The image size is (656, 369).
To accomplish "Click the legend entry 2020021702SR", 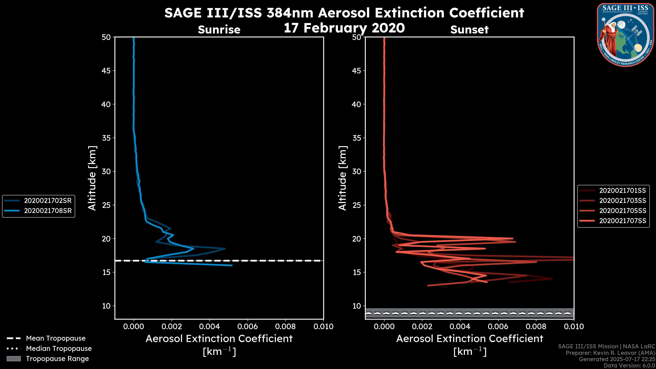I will pos(48,201).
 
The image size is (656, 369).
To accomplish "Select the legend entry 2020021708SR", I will pos(48,211).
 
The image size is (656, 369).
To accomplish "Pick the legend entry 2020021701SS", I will pos(622,190).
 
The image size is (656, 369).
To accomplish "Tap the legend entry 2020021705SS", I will pos(622,211).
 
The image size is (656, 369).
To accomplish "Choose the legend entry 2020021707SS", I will pos(622,221).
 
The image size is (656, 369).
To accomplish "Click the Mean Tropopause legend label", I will pos(56,338).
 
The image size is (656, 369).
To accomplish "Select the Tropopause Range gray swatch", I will pos(14,359).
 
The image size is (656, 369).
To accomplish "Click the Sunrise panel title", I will pos(219,30).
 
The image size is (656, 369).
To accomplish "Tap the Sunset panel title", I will pos(469,30).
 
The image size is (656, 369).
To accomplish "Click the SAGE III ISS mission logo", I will pos(625,35).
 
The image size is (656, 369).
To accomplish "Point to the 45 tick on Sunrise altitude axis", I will pos(106,71).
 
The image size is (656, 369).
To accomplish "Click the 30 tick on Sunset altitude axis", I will pos(357,171).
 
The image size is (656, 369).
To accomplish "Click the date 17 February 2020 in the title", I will pos(344,28).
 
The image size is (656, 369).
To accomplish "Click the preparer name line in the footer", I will pos(610,353).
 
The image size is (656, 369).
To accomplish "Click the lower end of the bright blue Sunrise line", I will pos(232,265).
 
